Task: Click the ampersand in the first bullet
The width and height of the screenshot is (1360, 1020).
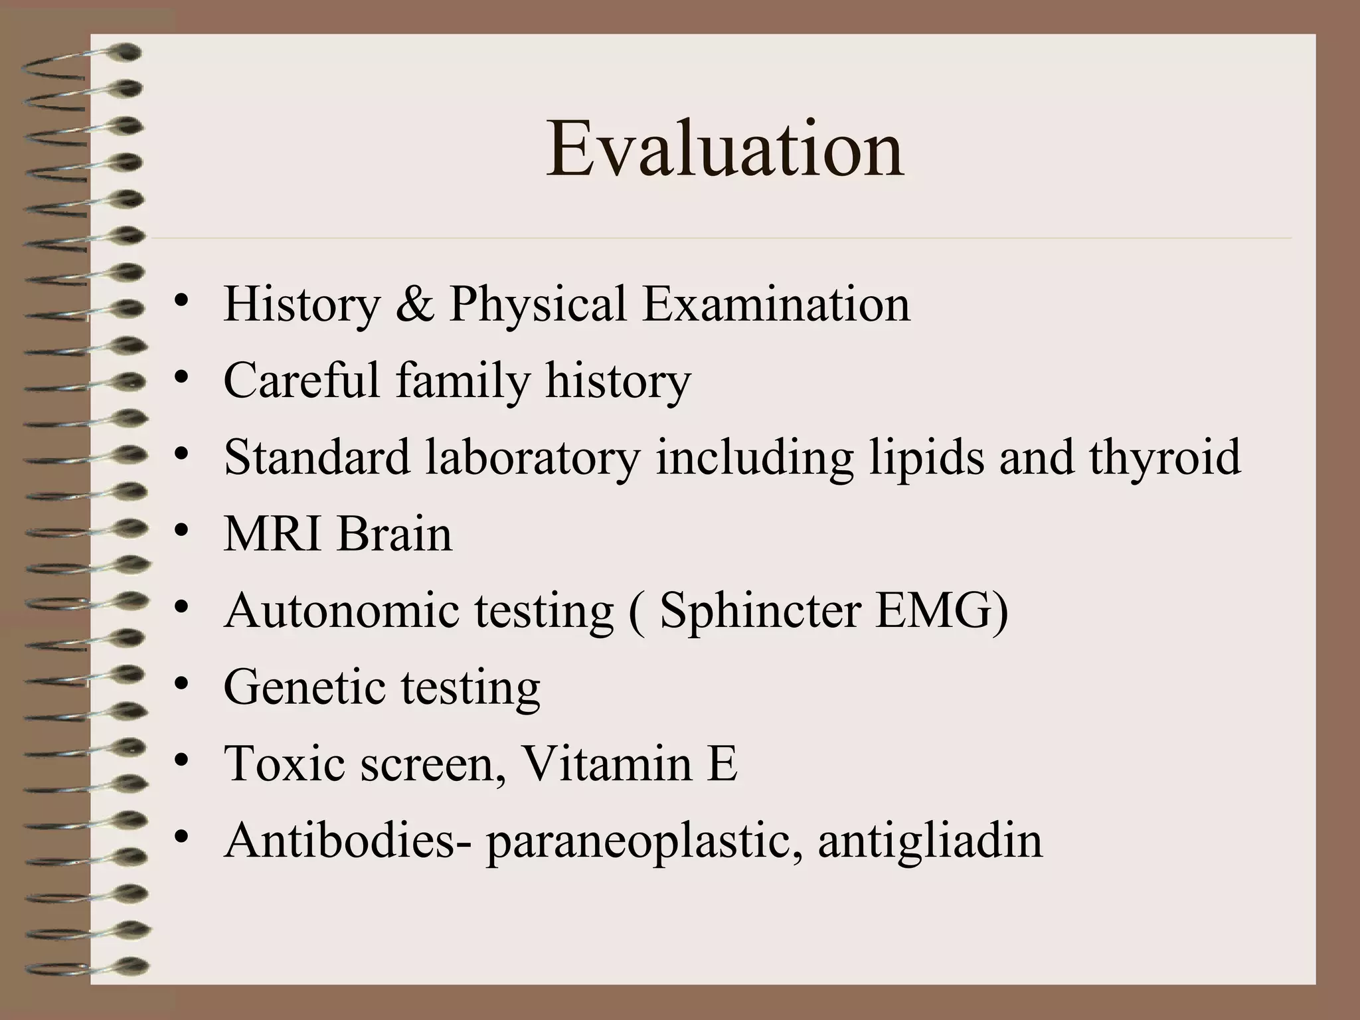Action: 415,304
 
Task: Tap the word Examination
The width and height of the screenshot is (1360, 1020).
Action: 776,304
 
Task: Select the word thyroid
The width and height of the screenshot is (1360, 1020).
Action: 1164,458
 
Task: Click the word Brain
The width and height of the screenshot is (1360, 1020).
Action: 394,534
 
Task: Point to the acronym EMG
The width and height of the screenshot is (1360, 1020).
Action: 934,610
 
